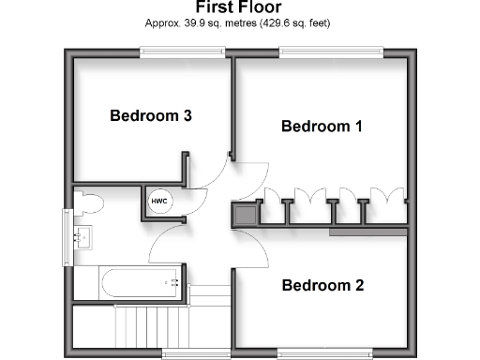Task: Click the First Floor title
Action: [239, 7]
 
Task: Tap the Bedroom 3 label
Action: [151, 116]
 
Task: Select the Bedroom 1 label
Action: [322, 126]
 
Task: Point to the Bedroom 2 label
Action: [322, 285]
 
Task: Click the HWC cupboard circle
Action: [158, 202]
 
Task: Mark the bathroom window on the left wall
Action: [67, 231]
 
